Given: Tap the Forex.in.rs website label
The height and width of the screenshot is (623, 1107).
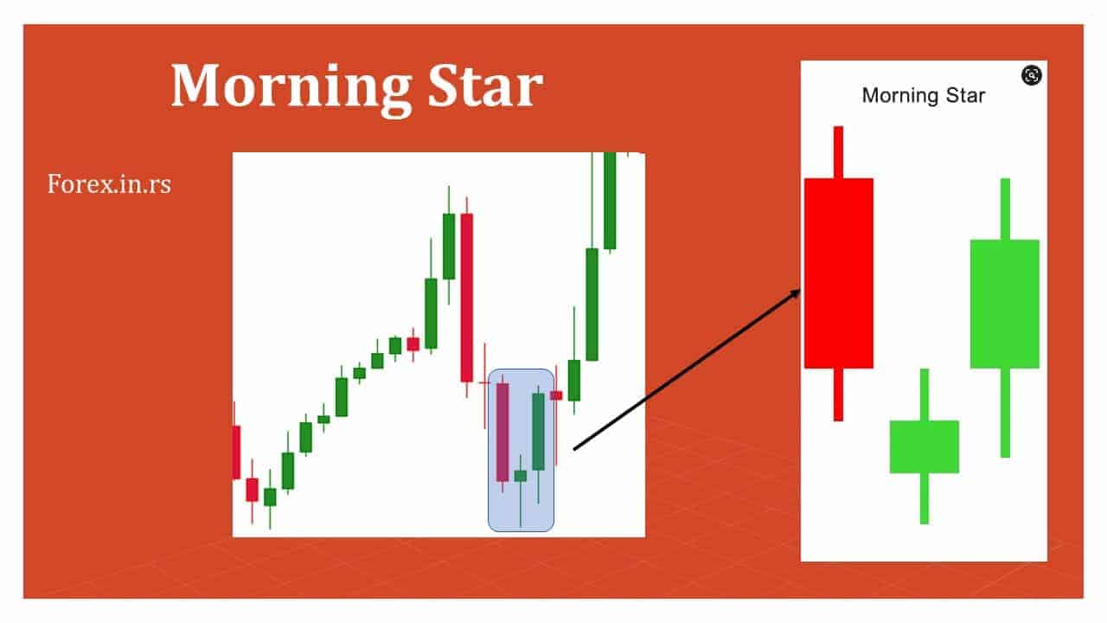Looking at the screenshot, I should click(x=109, y=183).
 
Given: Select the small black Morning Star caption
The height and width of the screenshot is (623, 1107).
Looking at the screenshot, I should click(x=923, y=95).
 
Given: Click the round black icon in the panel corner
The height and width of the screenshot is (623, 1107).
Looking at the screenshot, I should click(x=1031, y=75).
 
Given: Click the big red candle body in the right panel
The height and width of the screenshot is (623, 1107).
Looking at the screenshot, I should click(x=838, y=273).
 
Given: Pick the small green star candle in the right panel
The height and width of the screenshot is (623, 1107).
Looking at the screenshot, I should click(x=924, y=446).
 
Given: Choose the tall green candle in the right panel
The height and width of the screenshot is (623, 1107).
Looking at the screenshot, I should click(x=1004, y=303).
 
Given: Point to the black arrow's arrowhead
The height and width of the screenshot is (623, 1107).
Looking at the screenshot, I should click(x=797, y=295).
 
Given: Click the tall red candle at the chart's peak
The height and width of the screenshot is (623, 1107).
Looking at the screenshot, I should click(x=467, y=297).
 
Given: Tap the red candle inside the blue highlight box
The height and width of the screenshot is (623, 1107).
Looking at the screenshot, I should click(x=502, y=431).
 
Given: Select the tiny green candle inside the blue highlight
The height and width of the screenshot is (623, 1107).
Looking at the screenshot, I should click(x=520, y=475).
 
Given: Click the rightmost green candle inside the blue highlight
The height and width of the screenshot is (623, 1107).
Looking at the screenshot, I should click(x=538, y=431).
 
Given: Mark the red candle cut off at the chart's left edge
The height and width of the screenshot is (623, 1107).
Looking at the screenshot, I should click(x=236, y=452).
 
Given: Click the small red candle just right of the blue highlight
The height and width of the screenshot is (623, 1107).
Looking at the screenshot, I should click(x=556, y=395).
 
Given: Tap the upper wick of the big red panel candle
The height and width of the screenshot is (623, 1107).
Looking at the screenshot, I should click(x=837, y=151).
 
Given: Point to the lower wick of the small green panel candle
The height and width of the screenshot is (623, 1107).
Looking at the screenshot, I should click(x=924, y=498).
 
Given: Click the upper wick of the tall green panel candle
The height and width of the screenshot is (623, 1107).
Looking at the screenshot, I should click(x=1004, y=209).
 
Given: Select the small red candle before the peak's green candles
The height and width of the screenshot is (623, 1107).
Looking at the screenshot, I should click(x=413, y=344).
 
